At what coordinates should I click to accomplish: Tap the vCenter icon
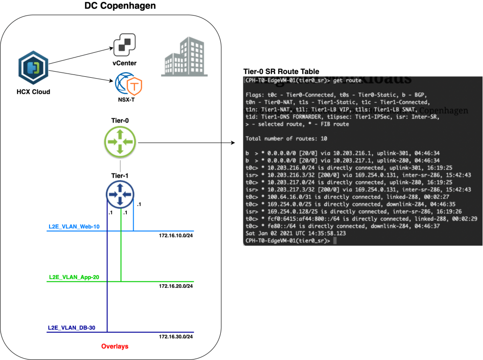pyautogui.click(x=125, y=46)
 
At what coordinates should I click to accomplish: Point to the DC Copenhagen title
pyautogui.click(x=120, y=6)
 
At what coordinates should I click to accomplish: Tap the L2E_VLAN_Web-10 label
pyautogui.click(x=74, y=227)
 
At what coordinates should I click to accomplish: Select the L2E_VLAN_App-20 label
pyautogui.click(x=74, y=277)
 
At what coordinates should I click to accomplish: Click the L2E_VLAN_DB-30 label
pyautogui.click(x=72, y=328)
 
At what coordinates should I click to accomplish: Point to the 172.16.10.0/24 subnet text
pyautogui.click(x=176, y=235)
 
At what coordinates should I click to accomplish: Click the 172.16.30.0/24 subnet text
pyautogui.click(x=176, y=336)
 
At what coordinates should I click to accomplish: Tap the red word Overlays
pyautogui.click(x=115, y=346)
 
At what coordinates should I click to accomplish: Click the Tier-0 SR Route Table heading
pyautogui.click(x=281, y=72)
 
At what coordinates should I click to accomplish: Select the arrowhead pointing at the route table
pyautogui.click(x=233, y=142)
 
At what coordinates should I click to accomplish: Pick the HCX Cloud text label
pyautogui.click(x=33, y=91)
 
